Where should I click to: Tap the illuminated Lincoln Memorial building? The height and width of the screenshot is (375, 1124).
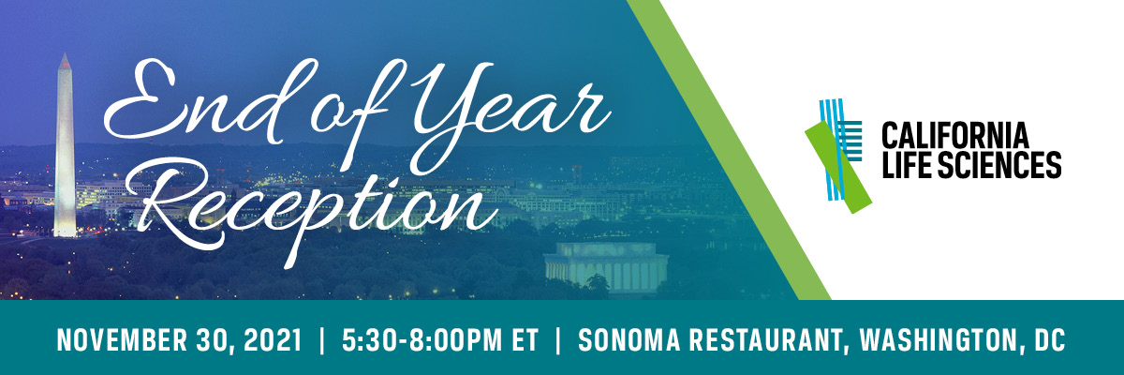pos(606,267)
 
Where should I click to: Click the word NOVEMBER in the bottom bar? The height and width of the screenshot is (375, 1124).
pos(121,340)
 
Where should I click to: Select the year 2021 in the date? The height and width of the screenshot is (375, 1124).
pos(273,340)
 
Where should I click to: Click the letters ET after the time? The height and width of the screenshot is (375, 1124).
pos(525,340)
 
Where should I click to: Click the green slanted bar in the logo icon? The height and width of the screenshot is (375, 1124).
pos(838,167)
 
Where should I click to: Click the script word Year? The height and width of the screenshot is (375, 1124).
pos(507,118)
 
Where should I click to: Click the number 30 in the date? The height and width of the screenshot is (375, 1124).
pos(214,340)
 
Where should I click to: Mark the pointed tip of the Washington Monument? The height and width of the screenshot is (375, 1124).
pos(65,53)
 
